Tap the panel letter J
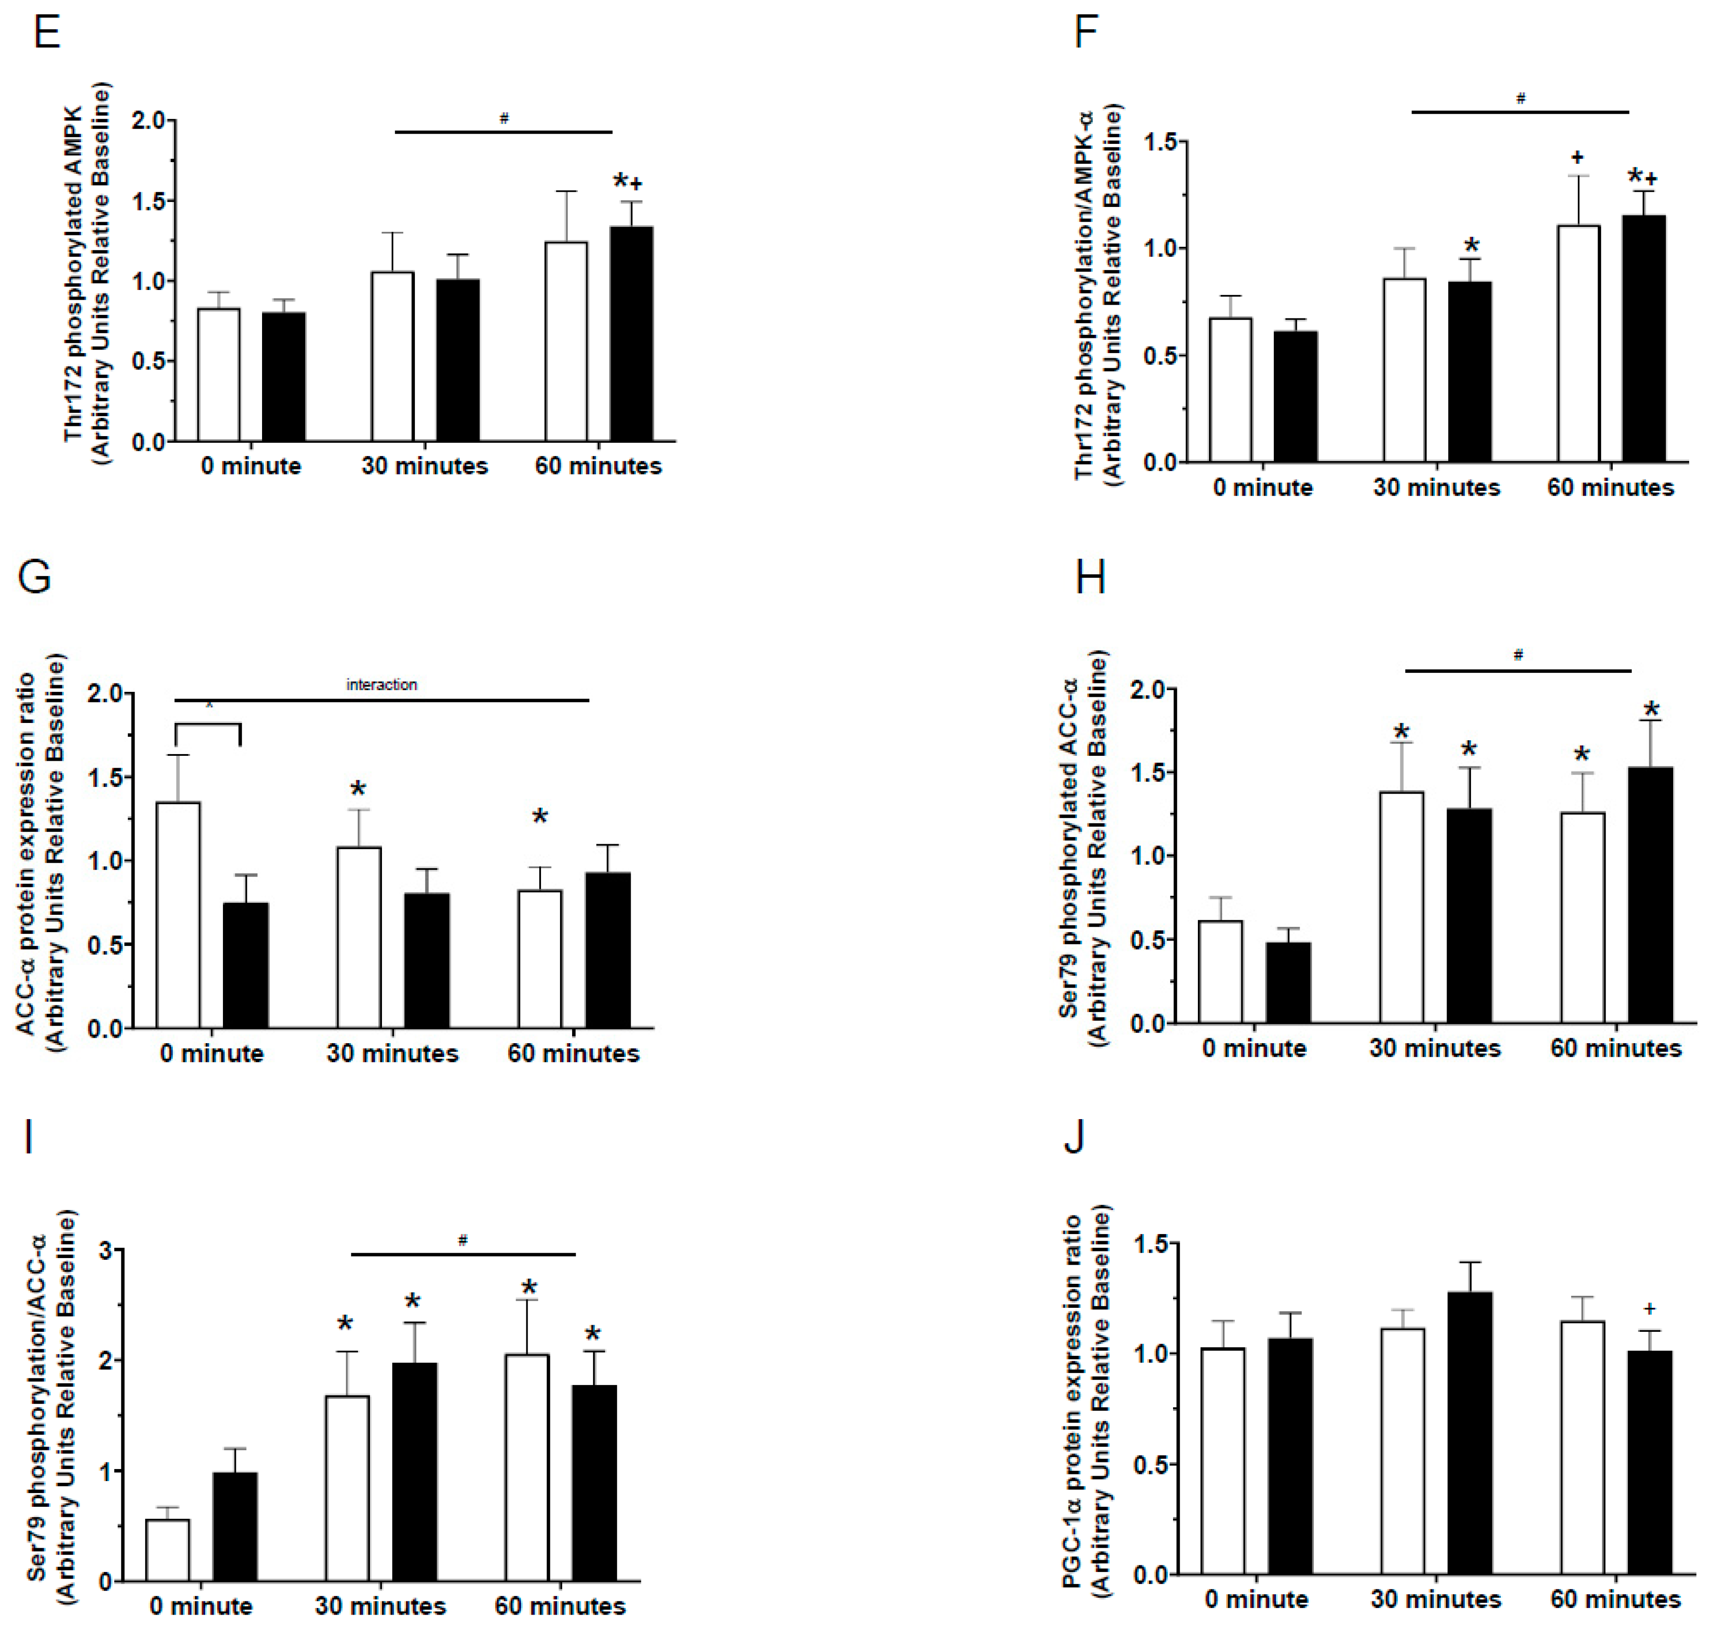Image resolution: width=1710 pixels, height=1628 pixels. pos(1074,1136)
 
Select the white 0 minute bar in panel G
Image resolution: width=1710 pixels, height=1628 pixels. pos(179,916)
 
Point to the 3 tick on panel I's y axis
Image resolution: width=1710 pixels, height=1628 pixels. pos(106,1251)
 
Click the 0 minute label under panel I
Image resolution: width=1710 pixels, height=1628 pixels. pos(200,1606)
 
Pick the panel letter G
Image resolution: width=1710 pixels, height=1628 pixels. pos(35,577)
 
